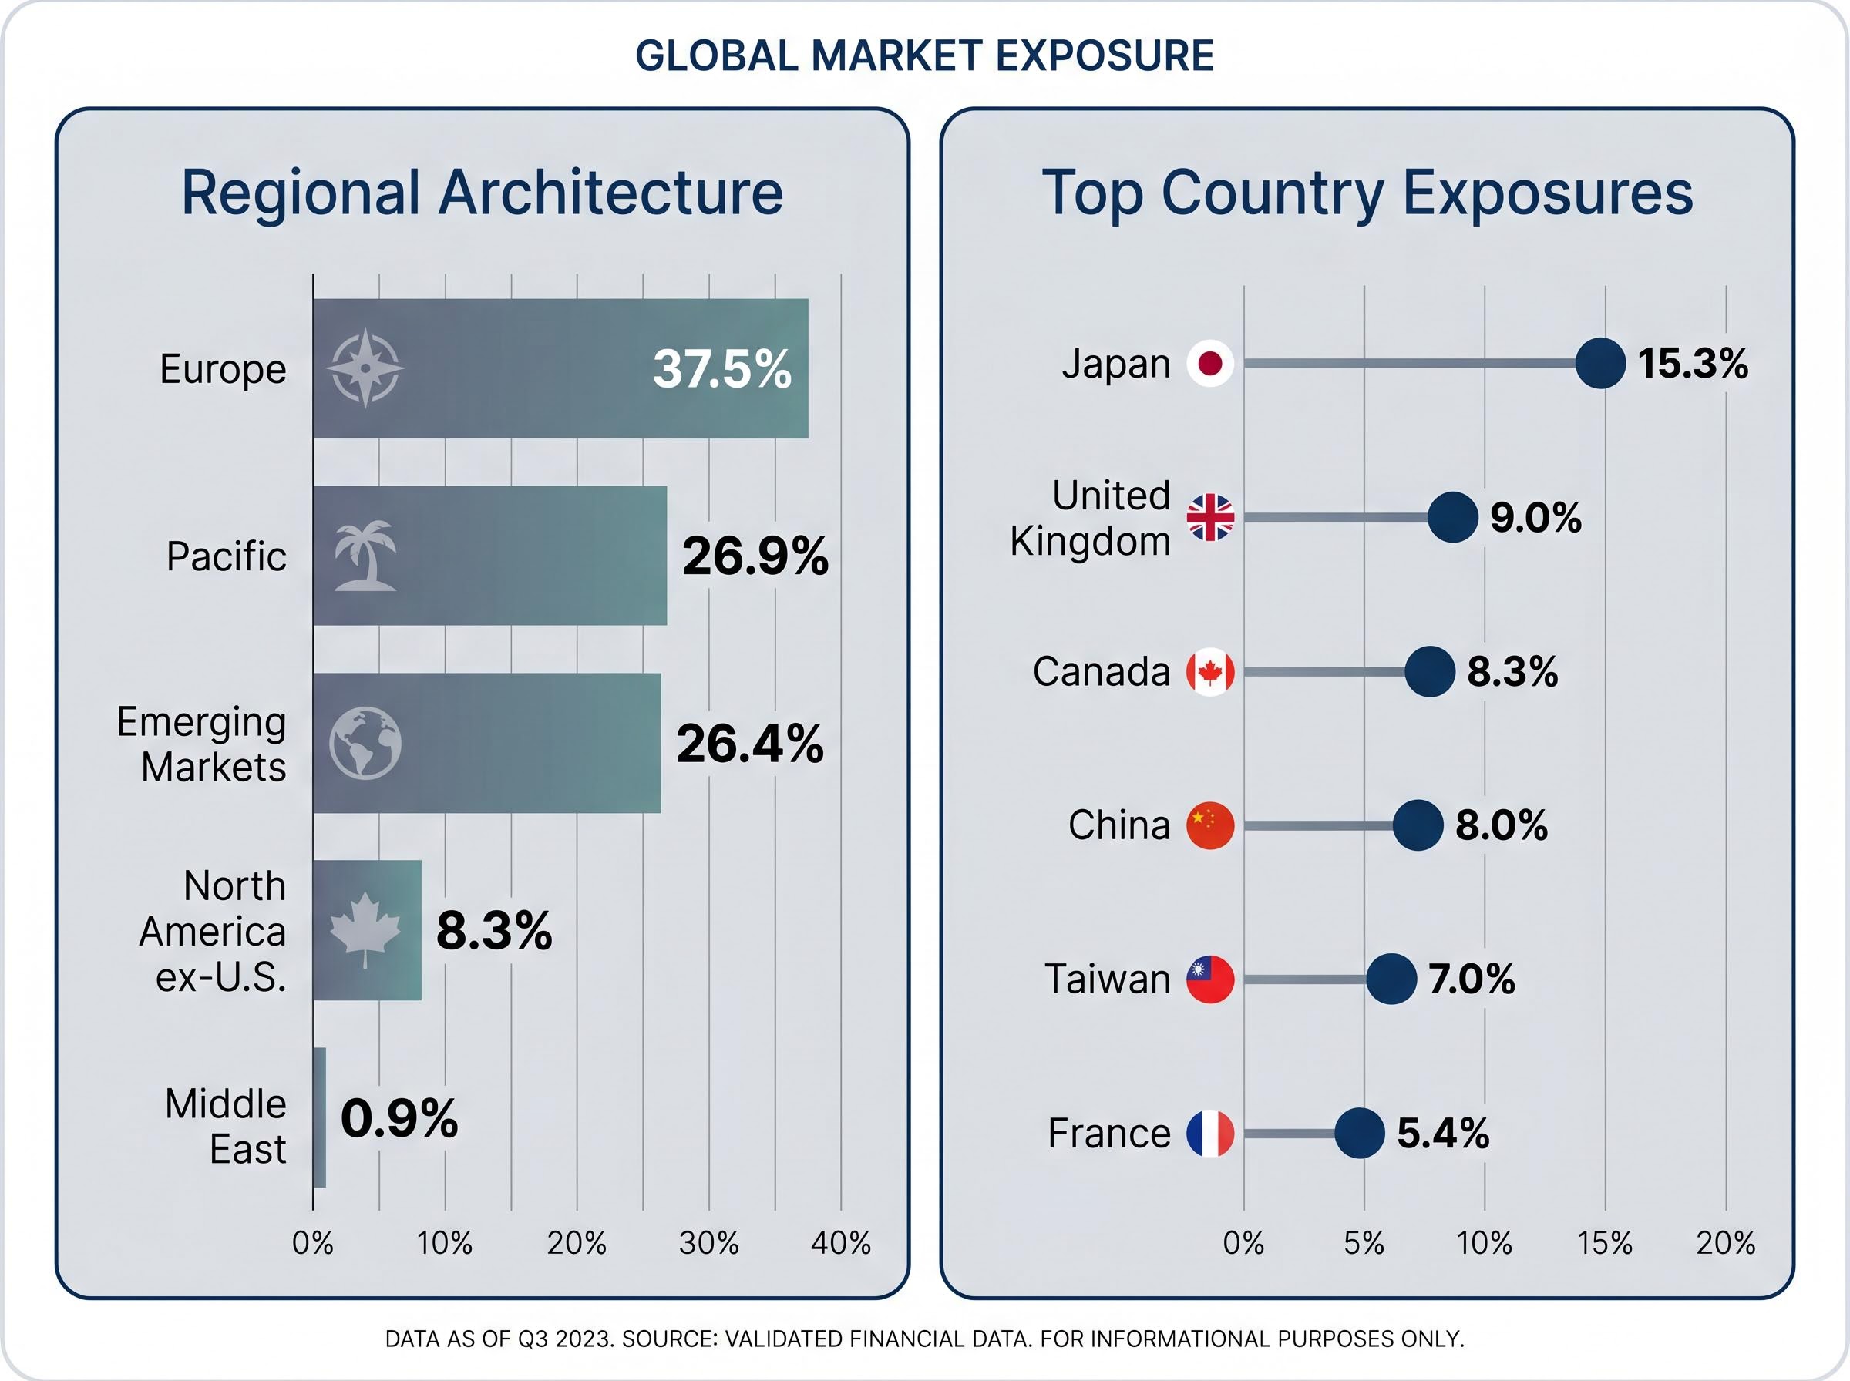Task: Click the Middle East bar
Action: (319, 1117)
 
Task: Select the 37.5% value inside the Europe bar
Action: (721, 368)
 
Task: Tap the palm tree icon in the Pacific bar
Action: (365, 556)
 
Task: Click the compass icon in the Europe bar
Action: (365, 368)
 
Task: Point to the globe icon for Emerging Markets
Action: (365, 743)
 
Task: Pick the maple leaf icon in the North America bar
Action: (365, 929)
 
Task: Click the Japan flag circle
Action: (1210, 363)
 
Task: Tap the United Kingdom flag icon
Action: (1210, 517)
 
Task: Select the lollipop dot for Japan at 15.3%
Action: (1600, 363)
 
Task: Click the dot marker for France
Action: (1359, 1134)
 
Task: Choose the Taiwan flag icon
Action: (1210, 979)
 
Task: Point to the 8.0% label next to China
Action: (1502, 825)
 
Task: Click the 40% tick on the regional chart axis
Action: (840, 1244)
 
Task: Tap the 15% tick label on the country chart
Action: (1604, 1244)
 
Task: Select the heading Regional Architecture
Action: (483, 193)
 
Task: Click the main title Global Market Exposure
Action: (924, 56)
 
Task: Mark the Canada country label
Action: (1101, 671)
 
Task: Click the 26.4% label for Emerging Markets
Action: (750, 743)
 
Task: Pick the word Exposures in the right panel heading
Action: (1547, 193)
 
